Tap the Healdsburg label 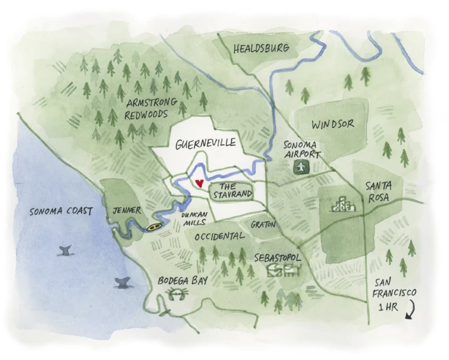click(x=262, y=48)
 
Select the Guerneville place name click(x=206, y=143)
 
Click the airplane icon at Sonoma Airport click(x=302, y=168)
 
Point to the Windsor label click(x=333, y=125)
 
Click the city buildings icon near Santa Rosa click(x=343, y=205)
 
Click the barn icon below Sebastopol click(x=284, y=270)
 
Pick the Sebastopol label click(x=278, y=258)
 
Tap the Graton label click(x=263, y=225)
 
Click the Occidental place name click(x=219, y=235)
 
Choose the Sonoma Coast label click(x=61, y=211)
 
